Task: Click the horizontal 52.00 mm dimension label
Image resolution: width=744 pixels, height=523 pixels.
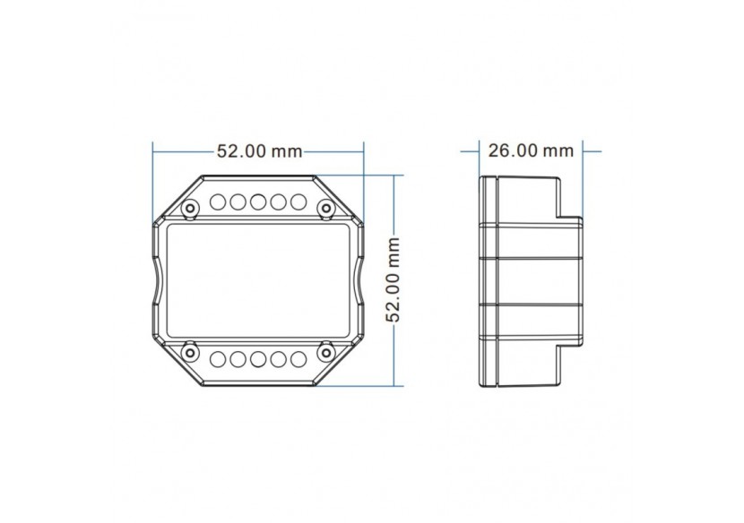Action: (x=259, y=152)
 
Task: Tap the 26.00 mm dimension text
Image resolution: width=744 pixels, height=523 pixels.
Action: (x=531, y=150)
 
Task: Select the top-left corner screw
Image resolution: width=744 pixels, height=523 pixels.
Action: (x=191, y=209)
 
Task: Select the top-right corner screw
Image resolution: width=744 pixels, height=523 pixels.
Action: (x=326, y=209)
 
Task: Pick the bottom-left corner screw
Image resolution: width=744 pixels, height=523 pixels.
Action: (x=191, y=350)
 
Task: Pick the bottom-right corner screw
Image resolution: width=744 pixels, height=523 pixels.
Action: (x=326, y=350)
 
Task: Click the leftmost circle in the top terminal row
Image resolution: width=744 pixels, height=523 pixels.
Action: (x=219, y=201)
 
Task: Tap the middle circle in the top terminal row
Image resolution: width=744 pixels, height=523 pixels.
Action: (x=258, y=201)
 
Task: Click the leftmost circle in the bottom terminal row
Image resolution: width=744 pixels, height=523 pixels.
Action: (x=219, y=360)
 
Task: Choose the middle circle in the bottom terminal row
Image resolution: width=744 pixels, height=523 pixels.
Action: (x=258, y=360)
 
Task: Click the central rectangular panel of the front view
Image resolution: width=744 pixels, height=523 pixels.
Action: (x=258, y=280)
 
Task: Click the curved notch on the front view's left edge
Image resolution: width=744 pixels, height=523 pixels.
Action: (x=158, y=280)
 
